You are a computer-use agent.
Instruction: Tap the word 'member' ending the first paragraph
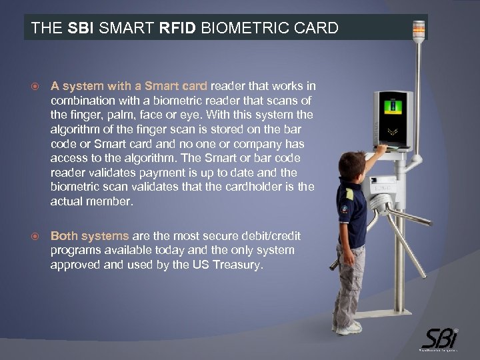[x=113, y=201]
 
